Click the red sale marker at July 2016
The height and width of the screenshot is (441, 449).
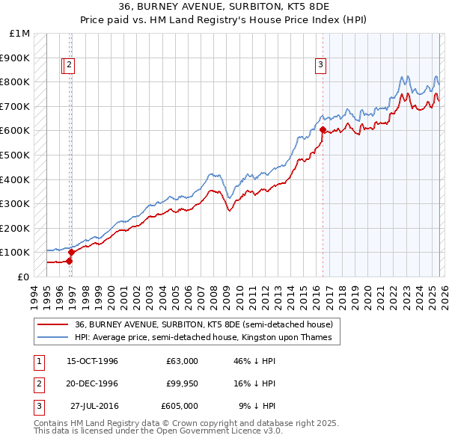tap(323, 129)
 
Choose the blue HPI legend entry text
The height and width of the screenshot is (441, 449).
tap(207, 338)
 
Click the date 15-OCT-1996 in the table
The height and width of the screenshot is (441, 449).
tap(92, 361)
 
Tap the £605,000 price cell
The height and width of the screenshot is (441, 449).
tap(179, 406)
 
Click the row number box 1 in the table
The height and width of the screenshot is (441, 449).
tap(38, 361)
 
